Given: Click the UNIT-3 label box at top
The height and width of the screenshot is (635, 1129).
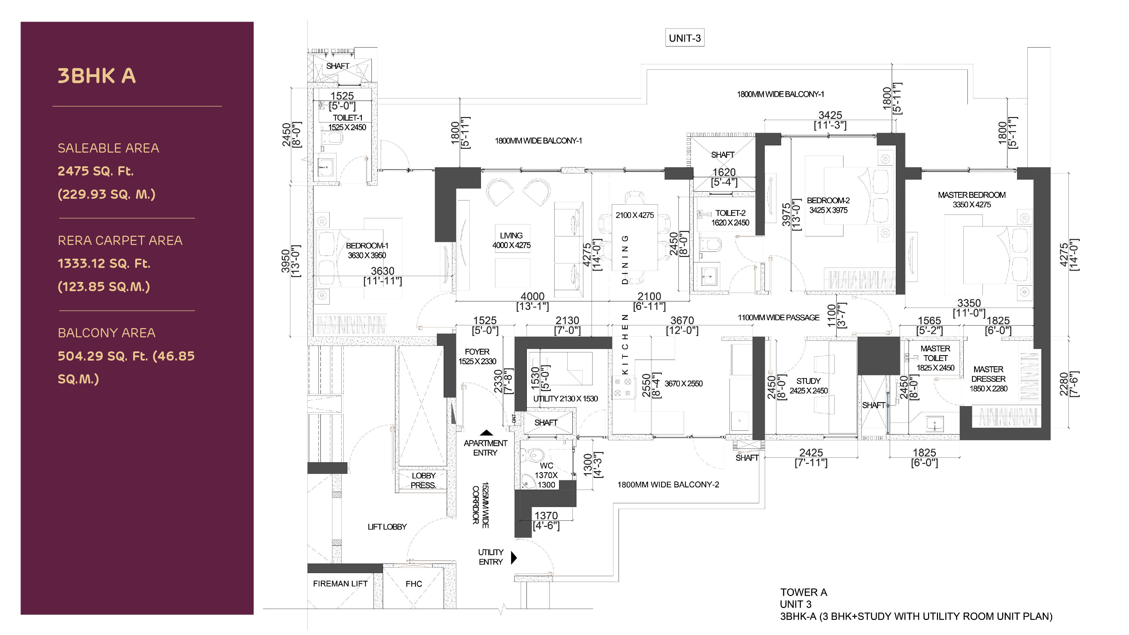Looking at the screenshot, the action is [685, 38].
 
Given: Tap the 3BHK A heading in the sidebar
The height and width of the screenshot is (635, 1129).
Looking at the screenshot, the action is [97, 76].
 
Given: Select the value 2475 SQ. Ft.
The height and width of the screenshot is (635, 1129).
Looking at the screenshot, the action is [96, 171].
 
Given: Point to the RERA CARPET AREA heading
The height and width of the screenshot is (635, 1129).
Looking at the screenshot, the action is [120, 241].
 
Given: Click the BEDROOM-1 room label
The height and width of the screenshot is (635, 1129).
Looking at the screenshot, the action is [367, 246].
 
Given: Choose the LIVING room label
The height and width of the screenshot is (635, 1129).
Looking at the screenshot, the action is [511, 236].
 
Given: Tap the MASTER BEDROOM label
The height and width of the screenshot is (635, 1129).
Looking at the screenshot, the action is [972, 195].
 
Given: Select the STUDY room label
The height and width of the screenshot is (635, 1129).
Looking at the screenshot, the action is [808, 381].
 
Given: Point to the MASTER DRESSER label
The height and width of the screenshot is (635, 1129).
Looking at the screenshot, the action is [988, 374].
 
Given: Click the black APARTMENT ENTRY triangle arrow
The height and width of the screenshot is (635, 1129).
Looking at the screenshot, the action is [486, 433].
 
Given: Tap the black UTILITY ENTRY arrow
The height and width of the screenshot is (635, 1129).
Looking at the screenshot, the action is [514, 557].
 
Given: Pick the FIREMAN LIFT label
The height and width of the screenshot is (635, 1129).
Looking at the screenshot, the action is [340, 584].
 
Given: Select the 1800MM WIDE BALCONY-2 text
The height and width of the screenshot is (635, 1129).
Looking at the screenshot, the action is [668, 484].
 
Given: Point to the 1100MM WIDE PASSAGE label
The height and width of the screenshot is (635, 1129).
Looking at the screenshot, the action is [778, 317].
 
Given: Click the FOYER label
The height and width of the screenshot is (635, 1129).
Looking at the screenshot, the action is [477, 352].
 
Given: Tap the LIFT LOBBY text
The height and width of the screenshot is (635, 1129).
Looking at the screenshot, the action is [387, 527].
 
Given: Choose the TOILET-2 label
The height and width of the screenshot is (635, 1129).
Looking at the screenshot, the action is [730, 213].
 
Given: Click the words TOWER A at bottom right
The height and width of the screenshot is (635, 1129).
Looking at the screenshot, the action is [803, 593].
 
